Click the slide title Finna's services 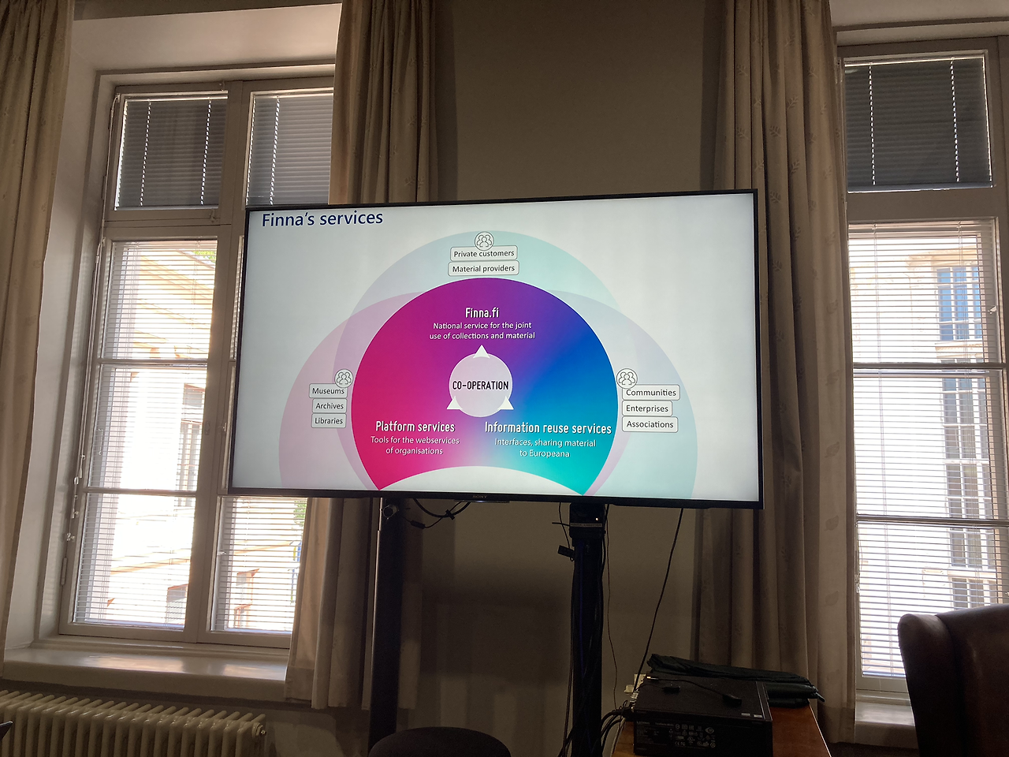coord(322,219)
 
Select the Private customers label coord(484,253)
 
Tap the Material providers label coord(483,269)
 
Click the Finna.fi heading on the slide coord(482,313)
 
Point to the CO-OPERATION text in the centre coord(480,386)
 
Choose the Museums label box coord(328,391)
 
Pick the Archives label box coord(330,406)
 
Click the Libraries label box coord(329,421)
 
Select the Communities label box coord(651,393)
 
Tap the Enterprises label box coord(647,408)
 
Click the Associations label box coord(650,424)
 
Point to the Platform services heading coord(415,427)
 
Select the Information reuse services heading coord(548,428)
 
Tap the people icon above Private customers coord(484,240)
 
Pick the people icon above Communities coord(627,378)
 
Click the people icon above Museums coord(344,378)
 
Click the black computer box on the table coord(702,718)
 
